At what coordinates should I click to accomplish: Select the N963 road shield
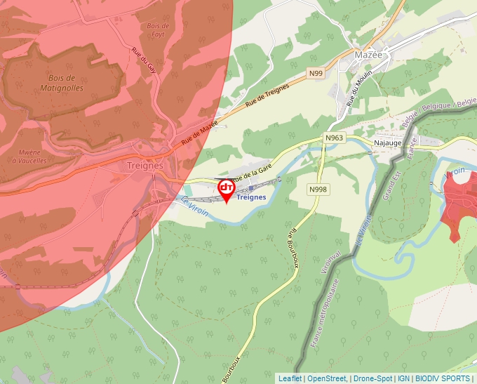pyautogui.click(x=334, y=138)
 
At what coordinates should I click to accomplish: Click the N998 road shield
pyautogui.click(x=318, y=190)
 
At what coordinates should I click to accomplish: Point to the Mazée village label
pyautogui.click(x=368, y=54)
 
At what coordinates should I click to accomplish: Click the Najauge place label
pyautogui.click(x=388, y=143)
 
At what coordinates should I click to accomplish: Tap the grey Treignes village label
pyautogui.click(x=145, y=166)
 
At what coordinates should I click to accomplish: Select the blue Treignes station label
pyautogui.click(x=252, y=198)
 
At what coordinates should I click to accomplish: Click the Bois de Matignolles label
pyautogui.click(x=67, y=83)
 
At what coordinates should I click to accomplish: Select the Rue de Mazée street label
pyautogui.click(x=200, y=131)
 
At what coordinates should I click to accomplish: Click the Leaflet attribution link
pyautogui.click(x=290, y=378)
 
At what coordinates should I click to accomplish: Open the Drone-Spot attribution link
pyautogui.click(x=372, y=378)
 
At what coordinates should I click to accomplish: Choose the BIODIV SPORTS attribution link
pyautogui.click(x=443, y=378)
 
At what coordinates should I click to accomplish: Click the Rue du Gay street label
pyautogui.click(x=144, y=60)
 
